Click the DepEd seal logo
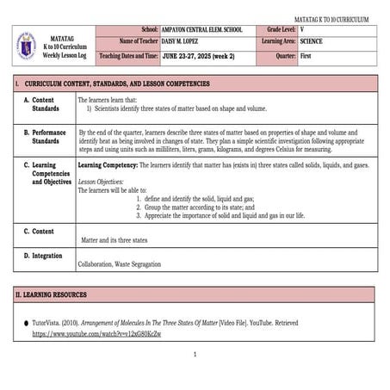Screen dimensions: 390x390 click(x=26, y=45)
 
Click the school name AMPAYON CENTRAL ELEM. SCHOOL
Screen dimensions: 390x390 click(x=202, y=29)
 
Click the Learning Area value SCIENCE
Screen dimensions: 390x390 click(x=313, y=41)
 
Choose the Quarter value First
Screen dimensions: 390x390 click(x=306, y=55)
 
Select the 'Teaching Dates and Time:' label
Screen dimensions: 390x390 click(x=129, y=55)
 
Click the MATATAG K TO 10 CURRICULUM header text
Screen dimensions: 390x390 click(x=331, y=19)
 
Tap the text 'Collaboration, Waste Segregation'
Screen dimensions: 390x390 click(x=119, y=264)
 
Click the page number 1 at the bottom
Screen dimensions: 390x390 click(x=195, y=354)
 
